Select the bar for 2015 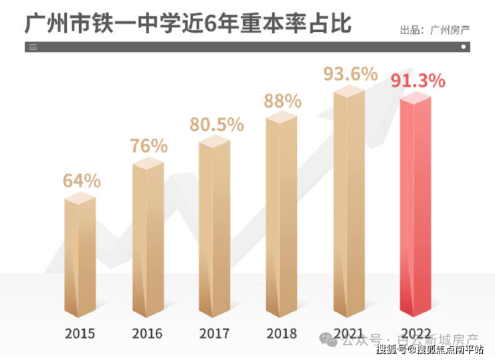point(80,258)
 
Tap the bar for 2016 point(147,241)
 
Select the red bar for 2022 point(415,207)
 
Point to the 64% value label point(82,181)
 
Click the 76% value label point(148,145)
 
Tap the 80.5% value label point(215,124)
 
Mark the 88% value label point(282,101)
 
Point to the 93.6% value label point(351,74)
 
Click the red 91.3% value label point(417,82)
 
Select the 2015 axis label point(80,333)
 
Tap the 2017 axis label point(214,333)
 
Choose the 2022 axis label point(415,333)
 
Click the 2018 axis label point(282,333)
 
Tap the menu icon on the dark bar point(33,48)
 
